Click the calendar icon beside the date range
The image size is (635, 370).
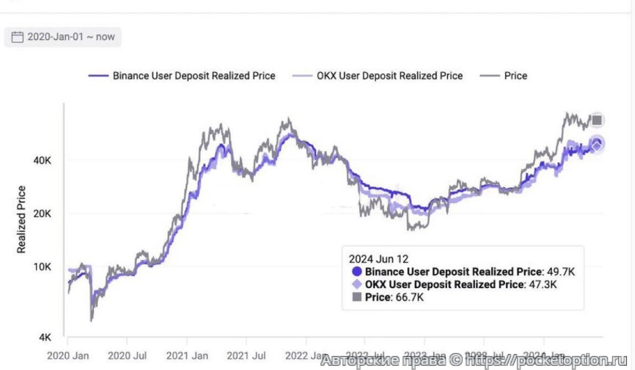(18, 37)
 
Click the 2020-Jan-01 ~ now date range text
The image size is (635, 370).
(71, 37)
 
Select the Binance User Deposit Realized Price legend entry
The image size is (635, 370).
(193, 76)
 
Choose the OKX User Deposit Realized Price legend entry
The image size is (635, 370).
(390, 76)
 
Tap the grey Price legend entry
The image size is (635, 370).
(515, 76)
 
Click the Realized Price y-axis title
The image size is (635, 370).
(21, 219)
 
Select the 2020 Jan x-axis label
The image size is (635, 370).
(68, 355)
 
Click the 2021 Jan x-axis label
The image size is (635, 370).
(187, 355)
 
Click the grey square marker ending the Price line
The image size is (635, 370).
(597, 120)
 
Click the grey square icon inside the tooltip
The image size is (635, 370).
(357, 297)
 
